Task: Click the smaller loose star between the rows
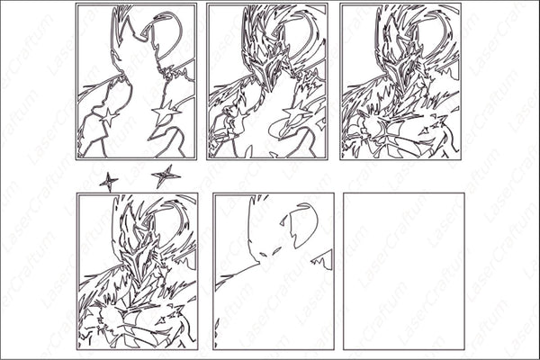coord(108,181)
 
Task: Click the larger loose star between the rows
coord(164,175)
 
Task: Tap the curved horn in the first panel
coord(167,36)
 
